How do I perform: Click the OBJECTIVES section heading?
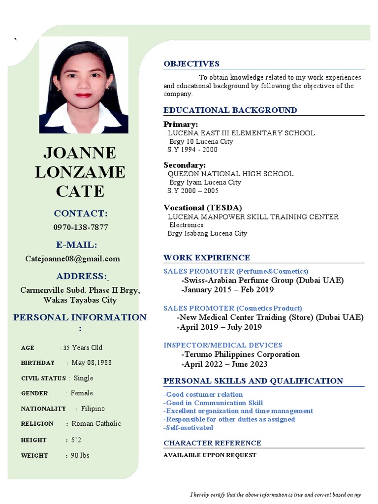click(191, 64)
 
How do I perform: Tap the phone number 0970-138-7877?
click(80, 227)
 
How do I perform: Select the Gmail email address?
click(72, 258)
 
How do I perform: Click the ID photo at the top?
click(84, 85)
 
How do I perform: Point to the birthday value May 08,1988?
click(92, 363)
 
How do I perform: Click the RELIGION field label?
click(37, 424)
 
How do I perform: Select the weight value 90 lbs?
click(80, 455)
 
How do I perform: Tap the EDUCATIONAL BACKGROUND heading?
click(230, 110)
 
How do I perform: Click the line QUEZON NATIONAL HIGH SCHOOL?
click(230, 174)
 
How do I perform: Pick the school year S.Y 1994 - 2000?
click(192, 150)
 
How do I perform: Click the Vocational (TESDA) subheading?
click(203, 208)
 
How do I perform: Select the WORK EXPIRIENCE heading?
click(206, 258)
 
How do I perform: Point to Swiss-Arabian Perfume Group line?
click(262, 281)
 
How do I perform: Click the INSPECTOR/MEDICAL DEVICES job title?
click(222, 346)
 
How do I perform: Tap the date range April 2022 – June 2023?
click(224, 364)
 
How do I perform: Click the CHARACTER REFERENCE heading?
click(212, 443)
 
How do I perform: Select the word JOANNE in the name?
click(80, 153)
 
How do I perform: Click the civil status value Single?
click(83, 378)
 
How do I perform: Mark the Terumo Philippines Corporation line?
click(240, 354)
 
